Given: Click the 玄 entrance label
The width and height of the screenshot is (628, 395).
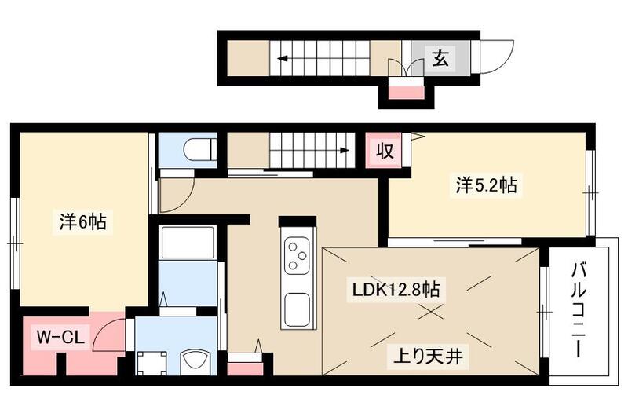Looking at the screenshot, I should point(441,58).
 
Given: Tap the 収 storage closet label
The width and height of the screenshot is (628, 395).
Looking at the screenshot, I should point(384,149).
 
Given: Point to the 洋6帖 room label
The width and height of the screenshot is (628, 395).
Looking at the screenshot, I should point(82,222).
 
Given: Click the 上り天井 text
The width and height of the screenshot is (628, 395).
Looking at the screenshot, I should point(429,358).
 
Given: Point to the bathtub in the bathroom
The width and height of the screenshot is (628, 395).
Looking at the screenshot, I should point(187,243).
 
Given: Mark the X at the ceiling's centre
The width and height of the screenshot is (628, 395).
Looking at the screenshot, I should point(429,311).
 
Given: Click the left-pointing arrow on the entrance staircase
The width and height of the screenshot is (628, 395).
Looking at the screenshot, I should point(281,57).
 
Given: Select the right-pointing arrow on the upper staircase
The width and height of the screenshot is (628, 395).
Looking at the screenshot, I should point(342,149).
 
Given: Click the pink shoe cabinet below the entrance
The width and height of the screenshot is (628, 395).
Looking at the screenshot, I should point(405,93).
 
